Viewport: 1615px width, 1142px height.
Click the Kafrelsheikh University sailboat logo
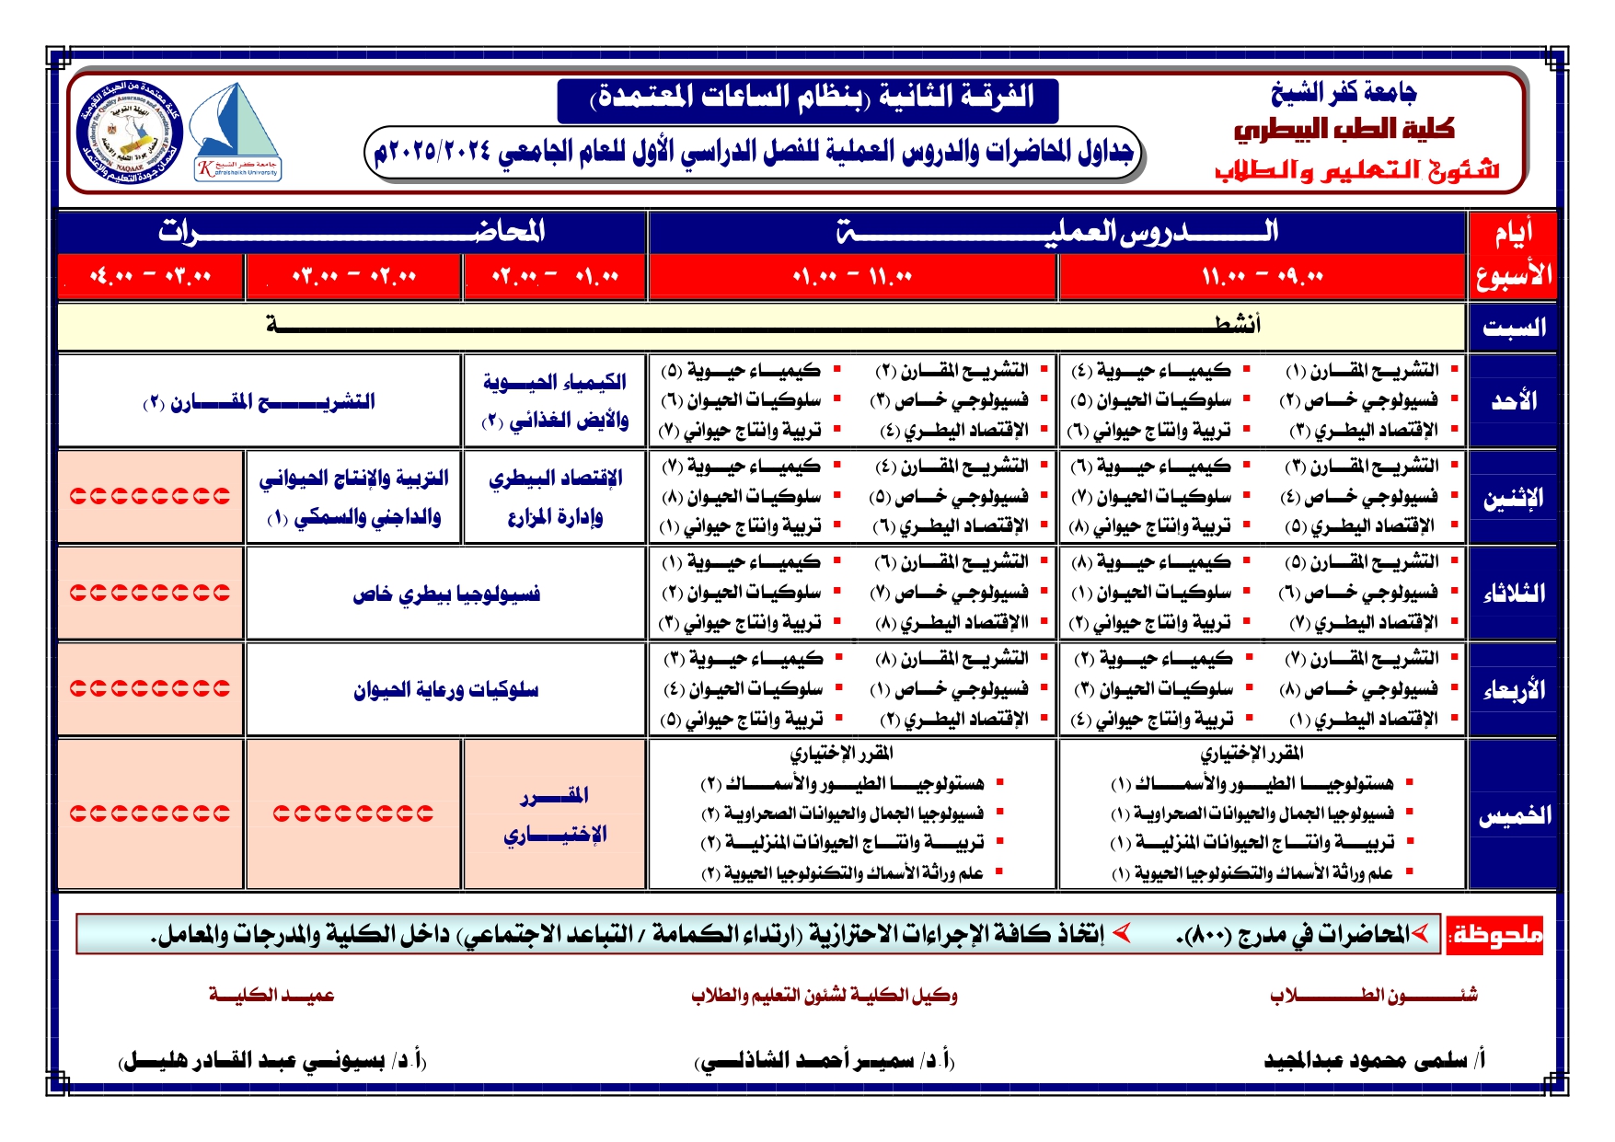[237, 133]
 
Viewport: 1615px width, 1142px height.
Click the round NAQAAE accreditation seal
[130, 133]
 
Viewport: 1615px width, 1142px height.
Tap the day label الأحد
[1514, 401]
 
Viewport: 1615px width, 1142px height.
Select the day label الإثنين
[1514, 498]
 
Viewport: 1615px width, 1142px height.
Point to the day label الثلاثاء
[1514, 594]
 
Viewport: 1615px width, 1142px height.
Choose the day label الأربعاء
[1514, 690]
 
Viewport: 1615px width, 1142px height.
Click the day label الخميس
[1514, 814]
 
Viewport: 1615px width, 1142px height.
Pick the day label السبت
[1514, 327]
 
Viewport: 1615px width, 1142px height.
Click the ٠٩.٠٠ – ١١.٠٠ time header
[1262, 276]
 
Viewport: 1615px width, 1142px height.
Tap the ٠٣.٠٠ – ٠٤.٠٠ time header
[151, 276]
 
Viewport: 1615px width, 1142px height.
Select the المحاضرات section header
[352, 232]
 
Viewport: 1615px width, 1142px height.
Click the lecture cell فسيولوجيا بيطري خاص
[446, 594]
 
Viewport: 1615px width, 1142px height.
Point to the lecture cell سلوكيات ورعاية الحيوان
[446, 690]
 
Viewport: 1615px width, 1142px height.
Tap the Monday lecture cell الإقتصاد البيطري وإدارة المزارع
[555, 498]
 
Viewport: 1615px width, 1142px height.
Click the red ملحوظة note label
[1495, 935]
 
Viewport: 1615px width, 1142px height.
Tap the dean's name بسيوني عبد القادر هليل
[272, 1061]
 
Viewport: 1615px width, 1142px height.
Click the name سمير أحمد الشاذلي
[825, 1061]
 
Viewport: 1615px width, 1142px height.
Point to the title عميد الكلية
[271, 995]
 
